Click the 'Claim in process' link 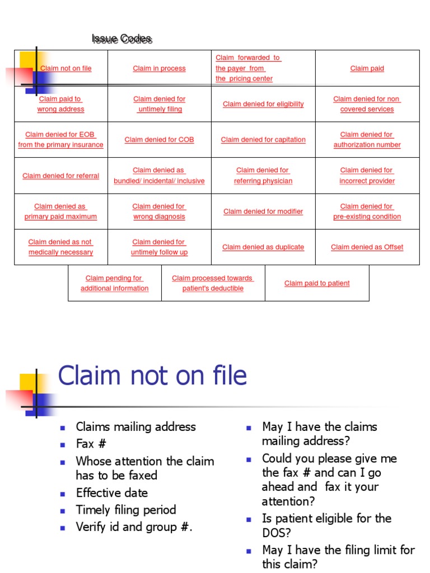[159, 68]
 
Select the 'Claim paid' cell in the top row [367, 68]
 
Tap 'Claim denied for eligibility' [263, 104]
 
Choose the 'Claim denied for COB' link [159, 140]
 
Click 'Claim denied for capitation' [263, 140]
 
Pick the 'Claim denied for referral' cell [60, 176]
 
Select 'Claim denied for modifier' [263, 212]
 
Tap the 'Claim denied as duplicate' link [263, 247]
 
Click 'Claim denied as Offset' [367, 247]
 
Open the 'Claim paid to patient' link [317, 283]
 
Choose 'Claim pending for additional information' [114, 283]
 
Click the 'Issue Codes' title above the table [122, 39]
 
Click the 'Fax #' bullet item [91, 444]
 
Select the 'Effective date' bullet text [112, 492]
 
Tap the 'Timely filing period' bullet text [126, 510]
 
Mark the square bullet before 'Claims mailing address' [63, 428]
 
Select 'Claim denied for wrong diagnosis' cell [159, 212]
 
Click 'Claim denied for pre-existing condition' [367, 212]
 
